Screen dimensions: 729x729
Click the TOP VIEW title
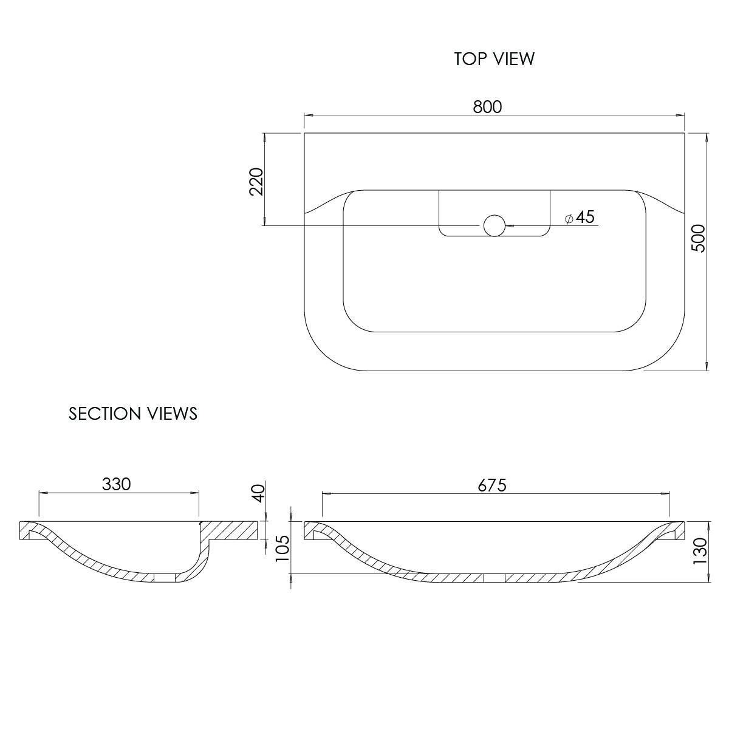click(x=494, y=59)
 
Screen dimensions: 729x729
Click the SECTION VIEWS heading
click(x=133, y=414)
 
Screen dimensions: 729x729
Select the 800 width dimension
click(x=487, y=107)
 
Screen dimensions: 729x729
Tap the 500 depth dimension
click(x=699, y=238)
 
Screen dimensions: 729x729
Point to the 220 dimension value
click(x=256, y=182)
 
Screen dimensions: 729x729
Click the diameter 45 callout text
click(x=580, y=217)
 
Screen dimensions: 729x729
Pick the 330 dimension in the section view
click(x=116, y=484)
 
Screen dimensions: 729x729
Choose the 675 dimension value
click(x=492, y=486)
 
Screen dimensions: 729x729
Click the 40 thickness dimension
click(x=259, y=493)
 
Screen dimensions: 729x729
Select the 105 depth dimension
click(x=282, y=549)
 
